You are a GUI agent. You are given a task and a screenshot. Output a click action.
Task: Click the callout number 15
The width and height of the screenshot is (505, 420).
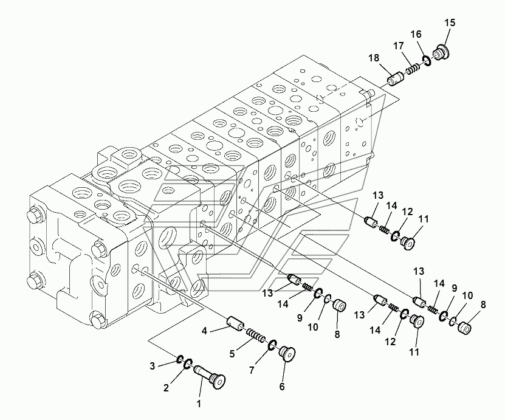(x=450, y=23)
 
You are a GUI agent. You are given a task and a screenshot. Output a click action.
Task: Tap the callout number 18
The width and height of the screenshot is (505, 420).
(x=374, y=58)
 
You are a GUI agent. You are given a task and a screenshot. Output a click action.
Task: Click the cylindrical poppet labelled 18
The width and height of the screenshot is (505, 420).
(x=394, y=79)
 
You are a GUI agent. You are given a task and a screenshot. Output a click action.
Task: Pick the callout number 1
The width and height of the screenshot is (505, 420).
(x=199, y=404)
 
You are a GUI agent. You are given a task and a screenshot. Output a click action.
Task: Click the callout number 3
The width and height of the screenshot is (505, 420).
(x=153, y=366)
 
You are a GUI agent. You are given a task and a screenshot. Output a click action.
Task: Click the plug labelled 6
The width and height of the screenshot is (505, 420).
(x=287, y=354)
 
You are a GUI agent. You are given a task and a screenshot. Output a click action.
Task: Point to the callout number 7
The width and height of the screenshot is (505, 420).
(x=252, y=370)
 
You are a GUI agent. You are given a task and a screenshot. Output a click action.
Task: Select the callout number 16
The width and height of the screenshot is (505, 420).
(x=416, y=34)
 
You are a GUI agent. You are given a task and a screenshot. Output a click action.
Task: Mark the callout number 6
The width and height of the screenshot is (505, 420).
(x=282, y=387)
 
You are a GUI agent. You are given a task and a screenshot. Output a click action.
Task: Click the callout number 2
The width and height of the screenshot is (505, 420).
(x=166, y=388)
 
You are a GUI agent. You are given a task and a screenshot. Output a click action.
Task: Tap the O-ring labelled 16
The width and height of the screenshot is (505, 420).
(x=426, y=60)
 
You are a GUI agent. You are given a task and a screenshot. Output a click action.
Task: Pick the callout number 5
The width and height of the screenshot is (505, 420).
(x=232, y=354)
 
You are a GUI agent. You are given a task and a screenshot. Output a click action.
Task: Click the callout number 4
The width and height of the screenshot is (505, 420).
(x=204, y=331)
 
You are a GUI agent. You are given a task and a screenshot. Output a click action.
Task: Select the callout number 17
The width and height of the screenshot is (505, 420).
(x=399, y=46)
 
